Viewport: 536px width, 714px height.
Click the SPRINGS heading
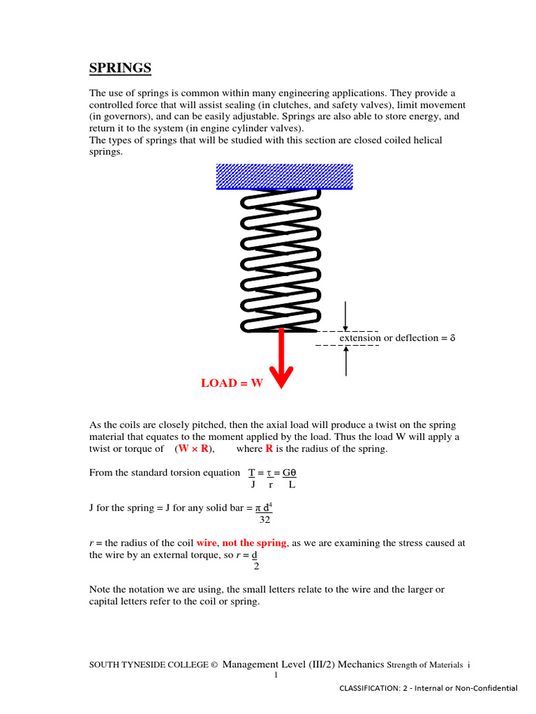click(120, 68)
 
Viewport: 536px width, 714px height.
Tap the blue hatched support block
click(284, 176)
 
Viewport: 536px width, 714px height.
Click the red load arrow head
click(281, 377)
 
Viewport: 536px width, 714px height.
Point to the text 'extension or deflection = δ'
click(397, 338)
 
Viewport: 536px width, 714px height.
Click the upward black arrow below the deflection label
click(346, 360)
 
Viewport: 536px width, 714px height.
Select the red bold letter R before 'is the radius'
click(269, 449)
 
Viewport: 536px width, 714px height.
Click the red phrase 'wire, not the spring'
click(241, 542)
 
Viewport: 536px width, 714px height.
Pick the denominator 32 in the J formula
click(265, 519)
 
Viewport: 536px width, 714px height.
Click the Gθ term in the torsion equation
click(290, 472)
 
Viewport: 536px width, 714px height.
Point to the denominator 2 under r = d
click(256, 566)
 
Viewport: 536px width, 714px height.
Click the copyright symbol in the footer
click(214, 666)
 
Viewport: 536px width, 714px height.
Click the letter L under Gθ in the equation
click(292, 484)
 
